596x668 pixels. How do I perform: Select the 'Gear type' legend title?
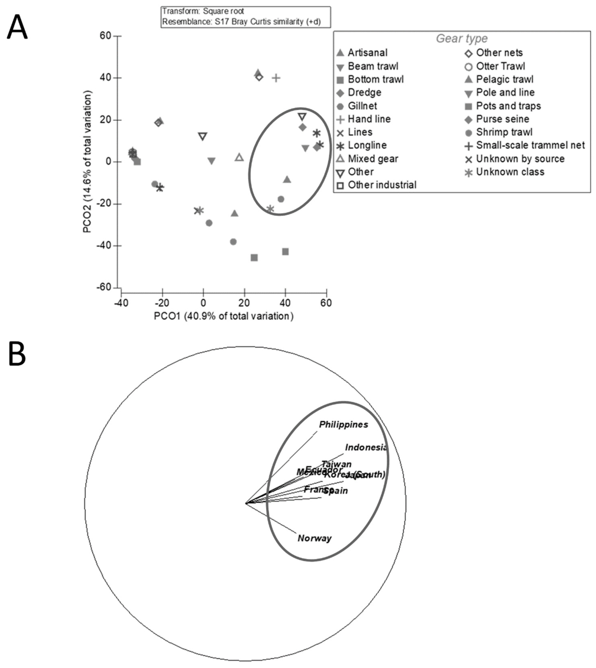(x=461, y=39)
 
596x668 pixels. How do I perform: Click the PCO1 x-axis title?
(x=224, y=316)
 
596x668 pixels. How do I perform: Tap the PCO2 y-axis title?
(x=87, y=162)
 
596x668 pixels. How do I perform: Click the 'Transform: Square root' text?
(x=203, y=12)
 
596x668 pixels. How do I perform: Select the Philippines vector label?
(x=343, y=424)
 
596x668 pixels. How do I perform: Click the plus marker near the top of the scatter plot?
(x=276, y=78)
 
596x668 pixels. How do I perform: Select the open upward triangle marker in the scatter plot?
(x=239, y=158)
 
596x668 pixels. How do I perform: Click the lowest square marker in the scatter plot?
(x=254, y=258)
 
